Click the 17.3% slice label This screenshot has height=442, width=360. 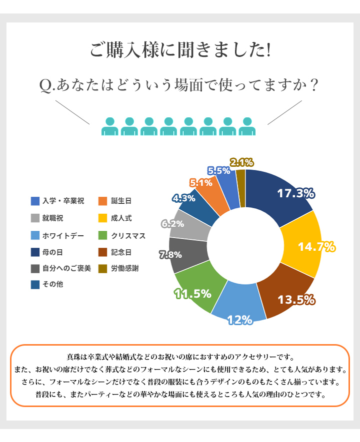[295, 193]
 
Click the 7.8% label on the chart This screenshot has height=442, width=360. [170, 255]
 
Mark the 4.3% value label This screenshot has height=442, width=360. [183, 198]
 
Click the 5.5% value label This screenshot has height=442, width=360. [219, 170]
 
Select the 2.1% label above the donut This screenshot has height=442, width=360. [241, 162]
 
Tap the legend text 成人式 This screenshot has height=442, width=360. [121, 218]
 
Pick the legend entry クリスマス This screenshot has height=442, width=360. [128, 235]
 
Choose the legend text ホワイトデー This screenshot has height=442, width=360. [63, 235]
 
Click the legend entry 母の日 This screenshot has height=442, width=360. [52, 252]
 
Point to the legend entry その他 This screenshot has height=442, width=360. [52, 285]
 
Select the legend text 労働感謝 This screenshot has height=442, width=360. [125, 268]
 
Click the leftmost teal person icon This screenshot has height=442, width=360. [109, 127]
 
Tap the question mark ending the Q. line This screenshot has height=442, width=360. [314, 85]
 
